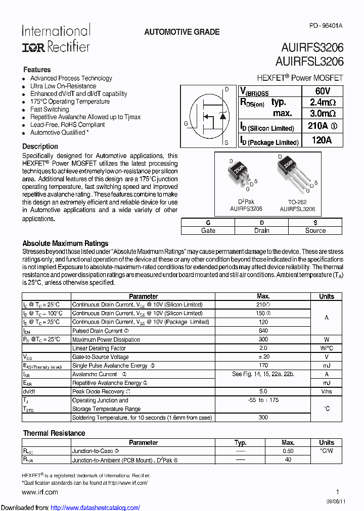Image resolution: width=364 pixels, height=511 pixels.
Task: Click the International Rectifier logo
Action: pos(56,39)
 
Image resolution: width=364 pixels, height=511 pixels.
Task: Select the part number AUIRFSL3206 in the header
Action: pos(309,62)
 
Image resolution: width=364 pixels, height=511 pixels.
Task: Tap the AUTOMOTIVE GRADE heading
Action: pos(182,32)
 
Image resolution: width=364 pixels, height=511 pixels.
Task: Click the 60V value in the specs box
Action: pos(322,91)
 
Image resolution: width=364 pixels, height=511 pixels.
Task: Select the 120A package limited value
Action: pos(322,140)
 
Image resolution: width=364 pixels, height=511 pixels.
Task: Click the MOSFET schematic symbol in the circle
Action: pos(207,116)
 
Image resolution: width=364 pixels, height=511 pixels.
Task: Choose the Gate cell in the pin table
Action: pos(208,230)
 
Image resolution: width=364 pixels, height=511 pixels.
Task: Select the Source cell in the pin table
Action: pos(315,230)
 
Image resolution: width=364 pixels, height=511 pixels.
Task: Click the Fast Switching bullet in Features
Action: pos(50,109)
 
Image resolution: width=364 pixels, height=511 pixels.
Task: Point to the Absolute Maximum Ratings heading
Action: pos(65,243)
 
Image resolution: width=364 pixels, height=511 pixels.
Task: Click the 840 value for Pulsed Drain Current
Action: pos(263,331)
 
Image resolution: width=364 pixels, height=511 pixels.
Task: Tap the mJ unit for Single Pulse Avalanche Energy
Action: pos(327,366)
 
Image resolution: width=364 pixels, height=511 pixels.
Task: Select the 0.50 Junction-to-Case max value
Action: pos(288,451)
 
